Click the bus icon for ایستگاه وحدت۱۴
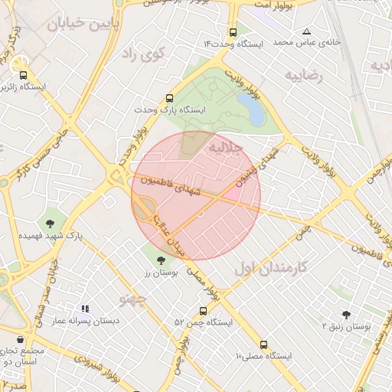pos(233,33)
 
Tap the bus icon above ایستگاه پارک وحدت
pos(169,98)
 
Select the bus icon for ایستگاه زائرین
pos(23,75)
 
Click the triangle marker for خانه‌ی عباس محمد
pos(307,32)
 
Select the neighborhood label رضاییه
pos(305,76)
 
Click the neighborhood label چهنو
pos(132,298)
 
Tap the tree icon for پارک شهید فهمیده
pos(51,224)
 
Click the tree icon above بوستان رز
pos(159,261)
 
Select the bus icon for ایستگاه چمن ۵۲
pos(203,310)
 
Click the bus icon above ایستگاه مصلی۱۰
pos(264,345)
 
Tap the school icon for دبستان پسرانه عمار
pos(85,309)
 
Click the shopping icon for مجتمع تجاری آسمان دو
pos(18,338)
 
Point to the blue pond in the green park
pos(252,109)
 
